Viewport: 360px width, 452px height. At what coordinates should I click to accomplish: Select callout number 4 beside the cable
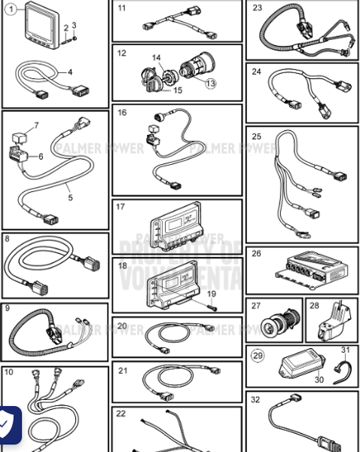coord(70,72)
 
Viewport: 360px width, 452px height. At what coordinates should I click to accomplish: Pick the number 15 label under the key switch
coord(178,90)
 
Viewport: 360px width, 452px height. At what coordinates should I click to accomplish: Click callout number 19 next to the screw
coord(212,293)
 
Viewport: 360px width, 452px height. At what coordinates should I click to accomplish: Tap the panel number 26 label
coord(257,253)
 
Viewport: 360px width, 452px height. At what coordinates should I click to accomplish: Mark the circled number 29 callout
coord(258,355)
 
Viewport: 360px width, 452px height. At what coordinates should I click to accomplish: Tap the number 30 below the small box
coord(319,380)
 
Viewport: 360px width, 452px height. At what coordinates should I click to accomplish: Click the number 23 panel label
coord(258,8)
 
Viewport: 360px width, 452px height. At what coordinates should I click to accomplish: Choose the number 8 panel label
coord(7,239)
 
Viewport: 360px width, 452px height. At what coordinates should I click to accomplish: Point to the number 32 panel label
coord(255,399)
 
